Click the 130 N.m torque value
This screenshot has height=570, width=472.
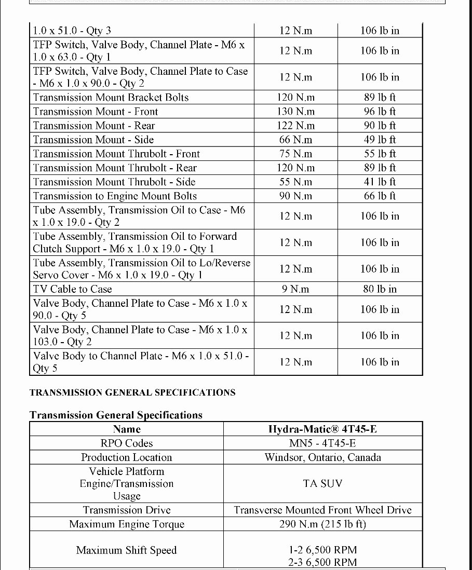296,112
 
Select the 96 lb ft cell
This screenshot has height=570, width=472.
380,112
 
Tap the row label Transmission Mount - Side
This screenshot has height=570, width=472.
93,140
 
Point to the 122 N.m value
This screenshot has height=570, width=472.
296,126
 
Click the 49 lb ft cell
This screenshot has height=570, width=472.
380,140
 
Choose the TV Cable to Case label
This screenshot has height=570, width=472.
73,289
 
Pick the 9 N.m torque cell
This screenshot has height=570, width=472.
296,289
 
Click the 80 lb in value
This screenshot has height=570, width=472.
380,289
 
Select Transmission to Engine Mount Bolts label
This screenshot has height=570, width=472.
115,196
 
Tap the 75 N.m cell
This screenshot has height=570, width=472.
296,154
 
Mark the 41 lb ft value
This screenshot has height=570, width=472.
380,182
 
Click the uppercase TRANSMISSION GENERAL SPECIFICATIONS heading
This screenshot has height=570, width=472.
132,392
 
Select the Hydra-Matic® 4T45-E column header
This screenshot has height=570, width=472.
322,429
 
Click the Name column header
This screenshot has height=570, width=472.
127,429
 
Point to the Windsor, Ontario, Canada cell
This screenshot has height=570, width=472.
322,457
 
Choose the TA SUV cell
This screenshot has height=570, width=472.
322,483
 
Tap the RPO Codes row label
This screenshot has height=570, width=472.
127,443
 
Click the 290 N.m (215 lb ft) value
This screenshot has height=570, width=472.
322,524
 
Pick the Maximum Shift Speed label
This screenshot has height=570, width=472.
127,550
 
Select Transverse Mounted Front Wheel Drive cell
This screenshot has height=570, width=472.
322,510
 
